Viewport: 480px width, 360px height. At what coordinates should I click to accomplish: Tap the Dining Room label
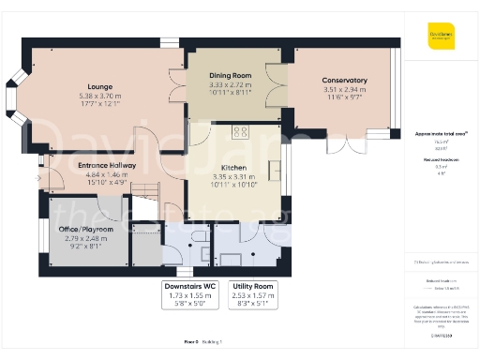(x=229, y=76)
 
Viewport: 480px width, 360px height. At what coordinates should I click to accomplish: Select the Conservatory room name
(x=344, y=81)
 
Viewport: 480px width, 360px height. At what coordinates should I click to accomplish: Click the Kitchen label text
(x=233, y=165)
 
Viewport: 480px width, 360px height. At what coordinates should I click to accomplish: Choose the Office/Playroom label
(x=85, y=229)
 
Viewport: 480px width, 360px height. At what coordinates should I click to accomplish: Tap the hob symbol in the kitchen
(x=240, y=132)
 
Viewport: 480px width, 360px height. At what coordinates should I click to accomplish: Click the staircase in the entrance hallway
(x=144, y=197)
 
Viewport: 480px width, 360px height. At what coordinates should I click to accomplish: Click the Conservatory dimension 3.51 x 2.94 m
(x=344, y=91)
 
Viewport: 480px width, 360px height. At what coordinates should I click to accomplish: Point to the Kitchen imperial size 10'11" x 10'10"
(x=233, y=185)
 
